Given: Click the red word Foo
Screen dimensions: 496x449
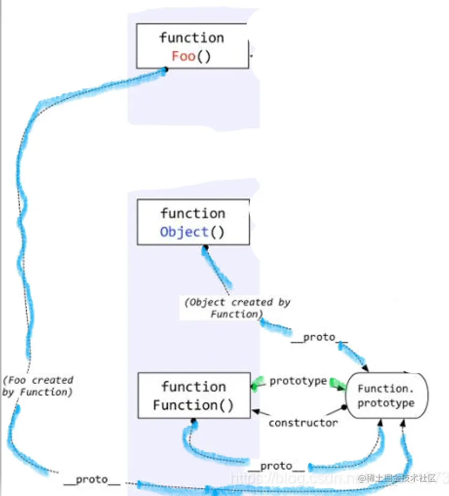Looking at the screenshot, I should coord(183,56).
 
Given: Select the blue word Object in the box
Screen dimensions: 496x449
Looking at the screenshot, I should coord(184,232).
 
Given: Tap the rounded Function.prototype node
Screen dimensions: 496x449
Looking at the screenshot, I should coord(387,396).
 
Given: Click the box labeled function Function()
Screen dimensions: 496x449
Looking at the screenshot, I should coord(193,396).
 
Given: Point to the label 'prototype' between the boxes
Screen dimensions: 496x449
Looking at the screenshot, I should coord(298,381).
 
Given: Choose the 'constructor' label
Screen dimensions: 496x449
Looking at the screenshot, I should coord(303,422).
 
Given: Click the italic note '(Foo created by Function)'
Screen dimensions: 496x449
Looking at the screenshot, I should coord(38,386).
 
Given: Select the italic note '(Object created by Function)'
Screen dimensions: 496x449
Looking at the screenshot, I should coord(237,308).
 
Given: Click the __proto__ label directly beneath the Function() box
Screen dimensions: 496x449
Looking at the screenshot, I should coord(276,466).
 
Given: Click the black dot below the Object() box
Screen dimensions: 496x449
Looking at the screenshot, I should coord(206,248).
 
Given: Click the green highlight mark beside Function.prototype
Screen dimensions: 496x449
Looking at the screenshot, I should coord(337,383).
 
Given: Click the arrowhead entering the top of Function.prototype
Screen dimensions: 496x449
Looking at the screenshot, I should coord(364,369).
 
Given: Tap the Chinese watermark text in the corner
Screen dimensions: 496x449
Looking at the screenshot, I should coord(401,478).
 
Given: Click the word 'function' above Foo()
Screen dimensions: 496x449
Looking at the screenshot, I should coord(191,38).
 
